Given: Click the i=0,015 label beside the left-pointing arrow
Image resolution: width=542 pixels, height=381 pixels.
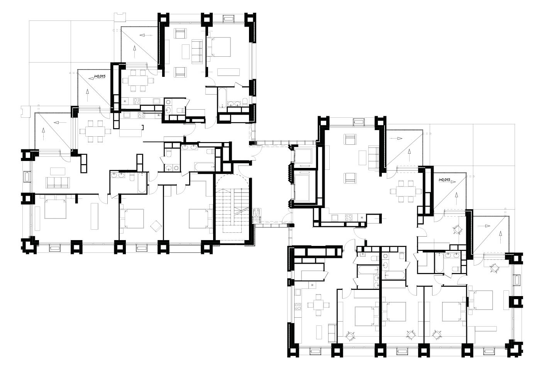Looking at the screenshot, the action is (x=100, y=76).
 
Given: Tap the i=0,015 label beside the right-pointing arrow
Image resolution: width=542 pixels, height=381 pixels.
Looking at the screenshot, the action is (x=444, y=180).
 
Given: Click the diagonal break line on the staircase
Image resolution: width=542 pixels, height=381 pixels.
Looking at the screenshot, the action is (x=241, y=211).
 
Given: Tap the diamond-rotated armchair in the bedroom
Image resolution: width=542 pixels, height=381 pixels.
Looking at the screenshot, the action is (x=156, y=226).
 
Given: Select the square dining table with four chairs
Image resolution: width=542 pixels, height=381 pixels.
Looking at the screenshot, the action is (x=318, y=305).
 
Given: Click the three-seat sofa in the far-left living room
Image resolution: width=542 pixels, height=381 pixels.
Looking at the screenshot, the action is (x=58, y=183).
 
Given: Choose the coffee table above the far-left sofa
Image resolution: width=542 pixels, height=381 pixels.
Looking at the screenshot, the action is (x=58, y=171).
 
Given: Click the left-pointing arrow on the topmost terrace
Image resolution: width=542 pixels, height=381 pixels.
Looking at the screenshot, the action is (x=146, y=35).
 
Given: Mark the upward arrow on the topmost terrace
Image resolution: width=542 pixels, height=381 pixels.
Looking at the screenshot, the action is (x=134, y=51).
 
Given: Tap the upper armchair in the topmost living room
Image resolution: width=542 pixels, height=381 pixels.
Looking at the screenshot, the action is (x=181, y=33).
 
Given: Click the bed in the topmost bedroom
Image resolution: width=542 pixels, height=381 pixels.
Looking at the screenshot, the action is (x=219, y=47).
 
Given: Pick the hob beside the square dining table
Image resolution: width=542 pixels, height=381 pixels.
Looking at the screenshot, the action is (x=298, y=306).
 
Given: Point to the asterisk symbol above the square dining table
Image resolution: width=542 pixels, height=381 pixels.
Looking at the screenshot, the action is (x=313, y=285).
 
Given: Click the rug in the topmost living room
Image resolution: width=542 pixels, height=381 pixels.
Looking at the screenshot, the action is (x=186, y=51).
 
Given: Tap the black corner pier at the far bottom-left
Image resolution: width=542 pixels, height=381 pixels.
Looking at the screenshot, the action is (x=29, y=246).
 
